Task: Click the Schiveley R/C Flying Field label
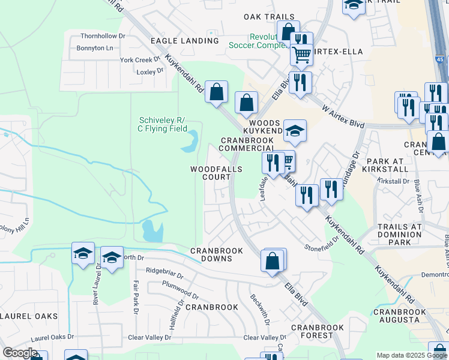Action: (163, 124)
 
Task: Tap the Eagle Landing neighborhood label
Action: (184, 41)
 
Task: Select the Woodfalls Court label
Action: (217, 173)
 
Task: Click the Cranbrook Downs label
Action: (217, 254)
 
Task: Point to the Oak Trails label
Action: (270, 17)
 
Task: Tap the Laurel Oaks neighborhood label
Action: (29, 316)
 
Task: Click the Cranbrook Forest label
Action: (318, 332)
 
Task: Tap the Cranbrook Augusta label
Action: (399, 316)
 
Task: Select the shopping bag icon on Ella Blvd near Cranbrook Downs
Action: (272, 260)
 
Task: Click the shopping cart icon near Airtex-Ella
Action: (301, 55)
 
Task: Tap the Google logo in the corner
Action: (20, 353)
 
